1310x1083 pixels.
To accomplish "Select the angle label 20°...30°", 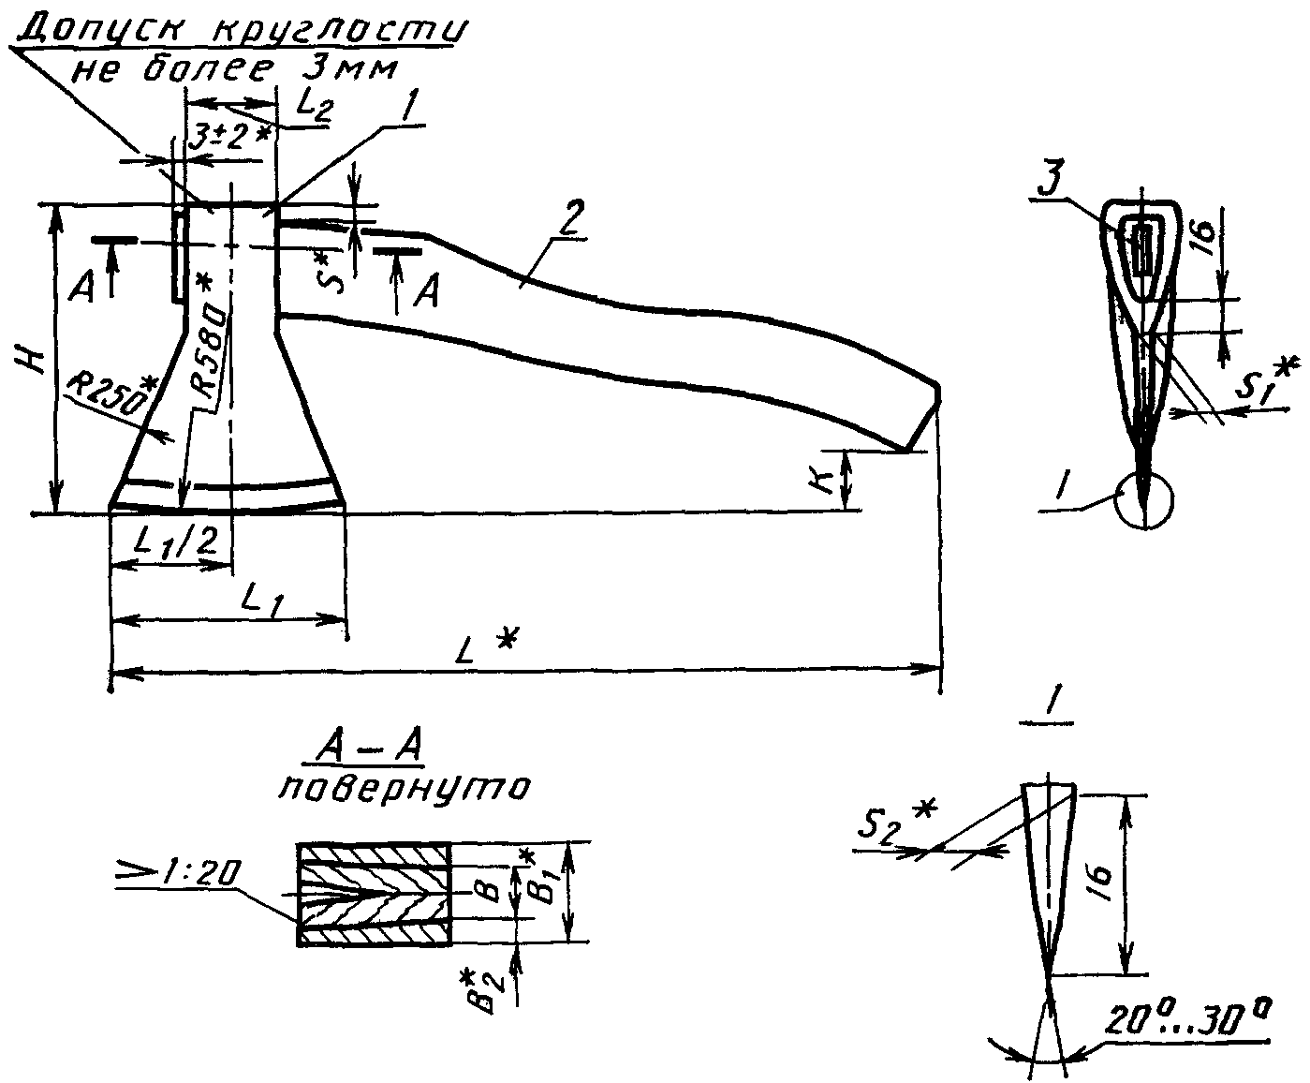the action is point(1189,1020).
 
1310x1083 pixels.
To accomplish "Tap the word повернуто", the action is point(404,787).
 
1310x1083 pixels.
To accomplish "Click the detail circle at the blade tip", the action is point(1144,498).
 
